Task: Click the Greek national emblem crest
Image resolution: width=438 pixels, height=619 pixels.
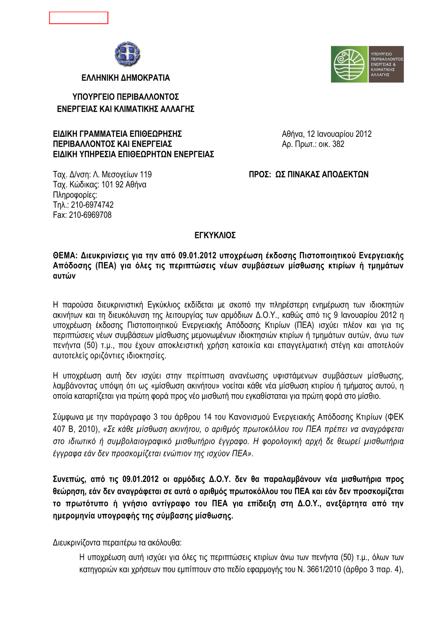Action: tap(127, 54)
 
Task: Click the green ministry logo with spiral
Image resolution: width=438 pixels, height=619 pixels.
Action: tap(349, 64)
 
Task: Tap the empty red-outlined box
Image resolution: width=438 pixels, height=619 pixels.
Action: tap(78, 18)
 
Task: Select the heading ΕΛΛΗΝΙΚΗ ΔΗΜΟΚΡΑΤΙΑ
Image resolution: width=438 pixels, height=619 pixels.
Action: tap(126, 78)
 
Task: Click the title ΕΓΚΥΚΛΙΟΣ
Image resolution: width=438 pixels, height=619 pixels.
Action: tap(215, 235)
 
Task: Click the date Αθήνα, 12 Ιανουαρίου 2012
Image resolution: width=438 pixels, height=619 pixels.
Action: tap(326, 134)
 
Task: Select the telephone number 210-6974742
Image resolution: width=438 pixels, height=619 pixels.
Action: tap(92, 205)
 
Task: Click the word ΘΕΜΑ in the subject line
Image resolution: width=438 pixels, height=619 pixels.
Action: tap(64, 256)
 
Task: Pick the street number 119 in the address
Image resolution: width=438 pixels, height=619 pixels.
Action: tap(146, 175)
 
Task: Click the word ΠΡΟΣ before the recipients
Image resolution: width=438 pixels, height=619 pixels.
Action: tap(259, 175)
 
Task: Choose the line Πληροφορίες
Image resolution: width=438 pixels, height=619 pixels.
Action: tap(75, 195)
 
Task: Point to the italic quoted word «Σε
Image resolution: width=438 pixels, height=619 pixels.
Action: tap(109, 429)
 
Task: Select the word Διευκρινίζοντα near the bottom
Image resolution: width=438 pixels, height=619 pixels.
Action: tap(77, 543)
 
